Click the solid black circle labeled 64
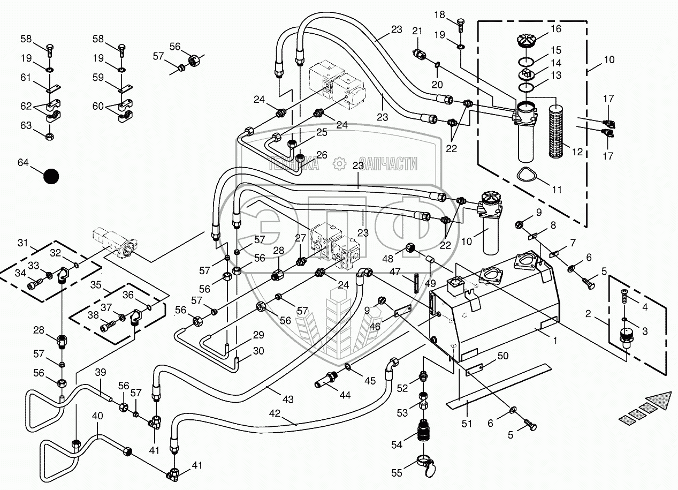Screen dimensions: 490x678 [x=51, y=176]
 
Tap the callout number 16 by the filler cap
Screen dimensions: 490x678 [x=555, y=29]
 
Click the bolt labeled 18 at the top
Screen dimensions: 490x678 [x=461, y=22]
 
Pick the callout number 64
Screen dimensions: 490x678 [x=24, y=162]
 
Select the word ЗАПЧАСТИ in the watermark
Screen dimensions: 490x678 [x=388, y=164]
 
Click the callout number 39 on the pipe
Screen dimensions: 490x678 [x=101, y=373]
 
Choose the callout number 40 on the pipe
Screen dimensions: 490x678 [x=97, y=416]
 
